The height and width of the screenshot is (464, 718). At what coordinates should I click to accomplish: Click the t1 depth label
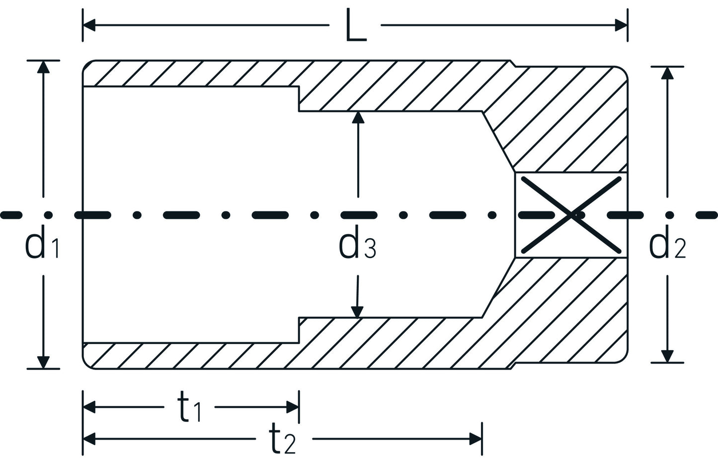click(x=189, y=407)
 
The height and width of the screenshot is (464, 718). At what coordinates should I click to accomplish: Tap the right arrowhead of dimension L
click(x=621, y=25)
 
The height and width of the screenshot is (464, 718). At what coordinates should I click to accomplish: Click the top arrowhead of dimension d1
click(x=44, y=68)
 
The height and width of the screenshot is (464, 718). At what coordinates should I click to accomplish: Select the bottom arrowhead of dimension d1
click(x=44, y=362)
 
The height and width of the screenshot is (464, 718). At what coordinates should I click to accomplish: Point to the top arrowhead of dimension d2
click(x=667, y=73)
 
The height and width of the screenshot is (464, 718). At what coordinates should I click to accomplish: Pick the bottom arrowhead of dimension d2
click(x=667, y=356)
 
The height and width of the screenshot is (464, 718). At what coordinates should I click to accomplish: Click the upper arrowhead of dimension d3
click(x=358, y=117)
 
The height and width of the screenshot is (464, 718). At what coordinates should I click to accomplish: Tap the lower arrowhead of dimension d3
click(x=356, y=311)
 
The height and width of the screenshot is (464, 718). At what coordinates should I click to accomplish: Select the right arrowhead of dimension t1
click(x=292, y=407)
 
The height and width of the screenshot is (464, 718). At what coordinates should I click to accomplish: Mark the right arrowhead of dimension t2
click(x=476, y=439)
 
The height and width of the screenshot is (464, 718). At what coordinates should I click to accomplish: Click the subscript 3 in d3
click(x=370, y=250)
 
